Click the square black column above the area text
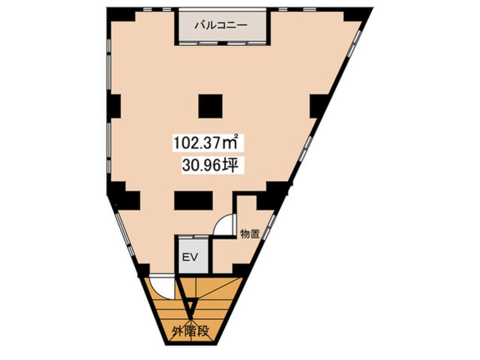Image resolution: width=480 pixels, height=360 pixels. click(210, 104)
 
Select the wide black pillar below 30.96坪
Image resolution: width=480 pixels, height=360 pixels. click(193, 200)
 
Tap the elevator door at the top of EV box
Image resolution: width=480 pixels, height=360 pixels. click(192, 236)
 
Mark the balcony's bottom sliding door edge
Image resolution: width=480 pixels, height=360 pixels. click(222, 43)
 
